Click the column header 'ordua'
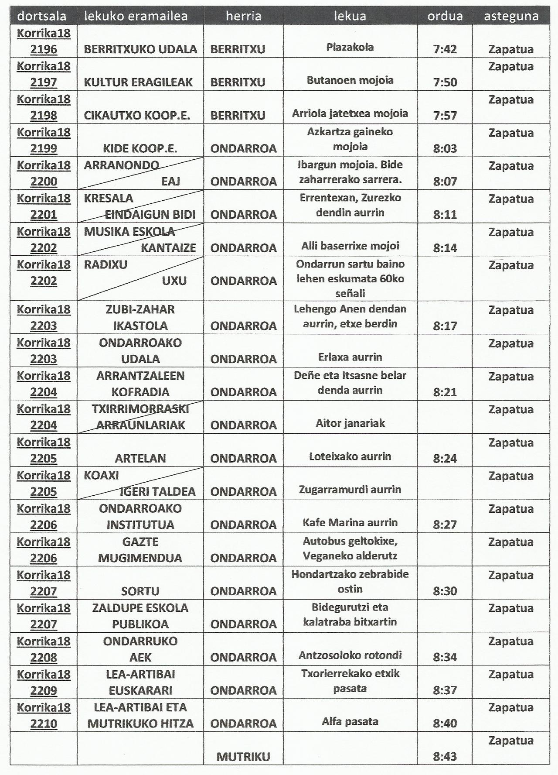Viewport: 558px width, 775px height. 445,16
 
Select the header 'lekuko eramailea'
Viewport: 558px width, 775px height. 136,16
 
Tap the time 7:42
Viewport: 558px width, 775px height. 445,49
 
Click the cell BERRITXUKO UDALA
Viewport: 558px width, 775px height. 140,49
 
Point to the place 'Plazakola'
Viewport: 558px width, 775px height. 350,47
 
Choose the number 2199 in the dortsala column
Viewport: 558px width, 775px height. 44,148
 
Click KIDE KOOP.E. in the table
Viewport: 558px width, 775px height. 140,148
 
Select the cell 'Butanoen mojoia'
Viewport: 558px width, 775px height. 350,80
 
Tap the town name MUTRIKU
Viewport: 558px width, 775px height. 243,757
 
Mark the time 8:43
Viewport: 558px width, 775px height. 445,757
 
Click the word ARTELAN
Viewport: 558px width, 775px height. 140,458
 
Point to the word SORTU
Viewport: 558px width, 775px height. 140,591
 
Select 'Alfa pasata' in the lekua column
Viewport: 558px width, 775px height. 350,721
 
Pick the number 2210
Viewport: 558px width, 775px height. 44,724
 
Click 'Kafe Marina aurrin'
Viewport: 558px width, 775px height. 350,522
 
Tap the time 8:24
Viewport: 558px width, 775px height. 445,458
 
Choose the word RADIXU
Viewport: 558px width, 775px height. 105,264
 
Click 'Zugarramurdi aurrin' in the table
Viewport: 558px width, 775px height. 350,489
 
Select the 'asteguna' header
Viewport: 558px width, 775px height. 511,16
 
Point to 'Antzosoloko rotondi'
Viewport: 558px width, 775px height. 350,655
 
